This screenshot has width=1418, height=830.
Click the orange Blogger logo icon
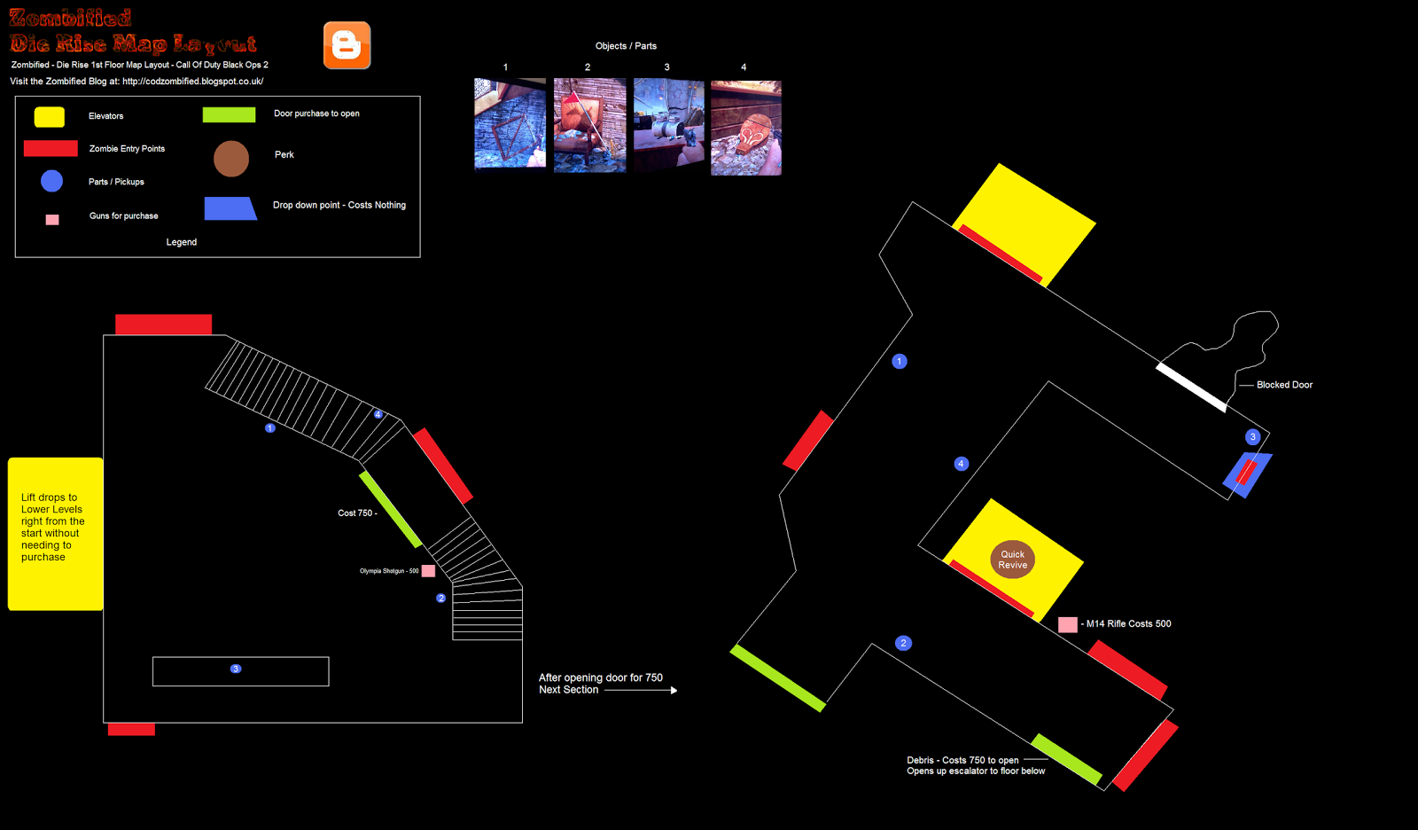point(347,45)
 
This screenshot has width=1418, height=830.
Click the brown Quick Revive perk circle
point(1012,560)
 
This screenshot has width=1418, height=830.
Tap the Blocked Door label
point(1284,385)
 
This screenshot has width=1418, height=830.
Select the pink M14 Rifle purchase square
point(1068,624)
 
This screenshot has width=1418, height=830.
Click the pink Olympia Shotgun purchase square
point(428,571)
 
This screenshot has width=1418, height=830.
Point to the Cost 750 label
point(356,513)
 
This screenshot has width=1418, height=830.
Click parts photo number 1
point(510,123)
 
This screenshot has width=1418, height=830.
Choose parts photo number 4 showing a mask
point(745,128)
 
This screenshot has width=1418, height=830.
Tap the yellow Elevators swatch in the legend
point(49,116)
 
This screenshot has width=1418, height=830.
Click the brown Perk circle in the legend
point(231,159)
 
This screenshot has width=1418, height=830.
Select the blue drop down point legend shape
point(230,208)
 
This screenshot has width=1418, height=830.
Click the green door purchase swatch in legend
point(229,114)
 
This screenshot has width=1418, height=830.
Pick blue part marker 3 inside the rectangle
point(236,669)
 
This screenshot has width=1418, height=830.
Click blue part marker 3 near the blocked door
point(1252,436)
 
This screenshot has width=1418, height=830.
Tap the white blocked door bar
point(1191,388)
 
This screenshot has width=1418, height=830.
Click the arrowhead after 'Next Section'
point(674,690)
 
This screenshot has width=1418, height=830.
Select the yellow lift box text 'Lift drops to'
point(50,497)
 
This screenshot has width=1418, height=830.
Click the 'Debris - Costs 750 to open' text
point(962,760)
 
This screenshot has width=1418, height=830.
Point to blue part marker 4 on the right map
point(961,464)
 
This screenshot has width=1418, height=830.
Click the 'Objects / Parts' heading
point(626,46)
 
